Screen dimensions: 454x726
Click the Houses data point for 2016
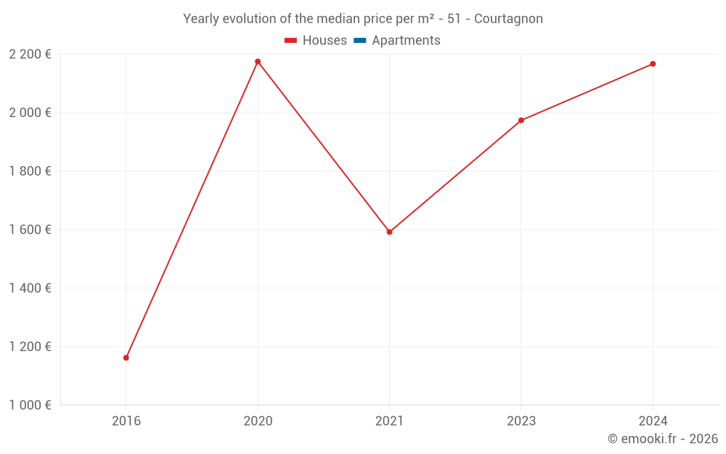coord(126,357)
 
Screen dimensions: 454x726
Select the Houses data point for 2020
coord(258,62)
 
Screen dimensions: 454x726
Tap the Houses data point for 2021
coord(389,232)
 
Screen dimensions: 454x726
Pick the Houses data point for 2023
coord(521,121)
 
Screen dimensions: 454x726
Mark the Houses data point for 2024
coord(653,64)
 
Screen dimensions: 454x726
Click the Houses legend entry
coord(316,41)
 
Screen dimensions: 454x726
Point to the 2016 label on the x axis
coord(126,421)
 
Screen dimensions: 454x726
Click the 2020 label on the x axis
coord(258,421)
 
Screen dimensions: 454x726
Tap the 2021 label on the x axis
coord(389,421)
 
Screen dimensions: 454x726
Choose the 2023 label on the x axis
coord(521,421)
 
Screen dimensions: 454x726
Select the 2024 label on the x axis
coord(653,421)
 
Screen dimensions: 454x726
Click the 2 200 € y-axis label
coord(30,54)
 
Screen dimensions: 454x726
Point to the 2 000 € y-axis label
coord(30,113)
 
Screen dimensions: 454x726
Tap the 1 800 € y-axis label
coord(30,171)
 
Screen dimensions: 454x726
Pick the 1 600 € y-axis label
coord(30,230)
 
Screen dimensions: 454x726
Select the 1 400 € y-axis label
coord(30,288)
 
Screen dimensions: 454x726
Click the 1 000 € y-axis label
coord(30,405)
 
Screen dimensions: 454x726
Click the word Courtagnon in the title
coord(508,19)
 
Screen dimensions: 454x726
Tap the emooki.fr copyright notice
coord(663,439)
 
